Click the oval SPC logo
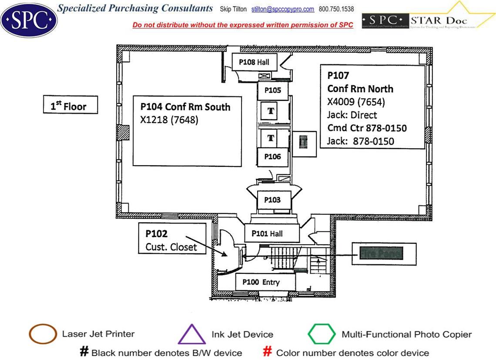point(29,19)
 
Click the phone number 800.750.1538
point(336,9)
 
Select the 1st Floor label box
point(70,106)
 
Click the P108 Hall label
point(254,62)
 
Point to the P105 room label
point(272,90)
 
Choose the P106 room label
point(272,157)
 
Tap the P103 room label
point(272,200)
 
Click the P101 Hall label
point(272,233)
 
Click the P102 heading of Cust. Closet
point(157,233)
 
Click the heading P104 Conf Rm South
point(185,107)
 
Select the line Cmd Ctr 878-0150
point(367,128)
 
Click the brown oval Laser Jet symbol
point(42,334)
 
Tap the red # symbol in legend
point(268,352)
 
